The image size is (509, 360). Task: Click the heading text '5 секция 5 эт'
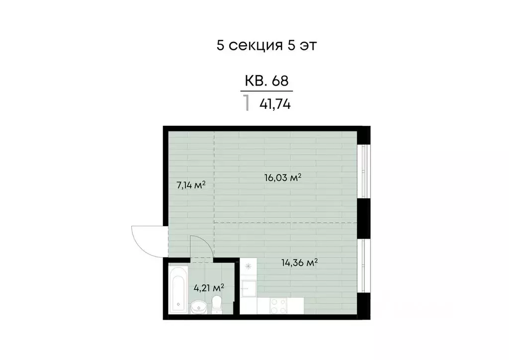[x=266, y=45]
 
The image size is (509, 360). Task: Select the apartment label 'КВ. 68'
[x=266, y=81]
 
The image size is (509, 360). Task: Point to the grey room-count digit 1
[x=246, y=104]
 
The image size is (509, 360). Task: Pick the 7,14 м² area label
[x=191, y=185]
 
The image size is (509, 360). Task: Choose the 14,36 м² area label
[x=299, y=263]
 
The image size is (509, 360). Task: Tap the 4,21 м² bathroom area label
[x=208, y=287]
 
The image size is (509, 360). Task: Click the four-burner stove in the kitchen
[x=277, y=305]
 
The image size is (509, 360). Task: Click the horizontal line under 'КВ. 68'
[x=266, y=91]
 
